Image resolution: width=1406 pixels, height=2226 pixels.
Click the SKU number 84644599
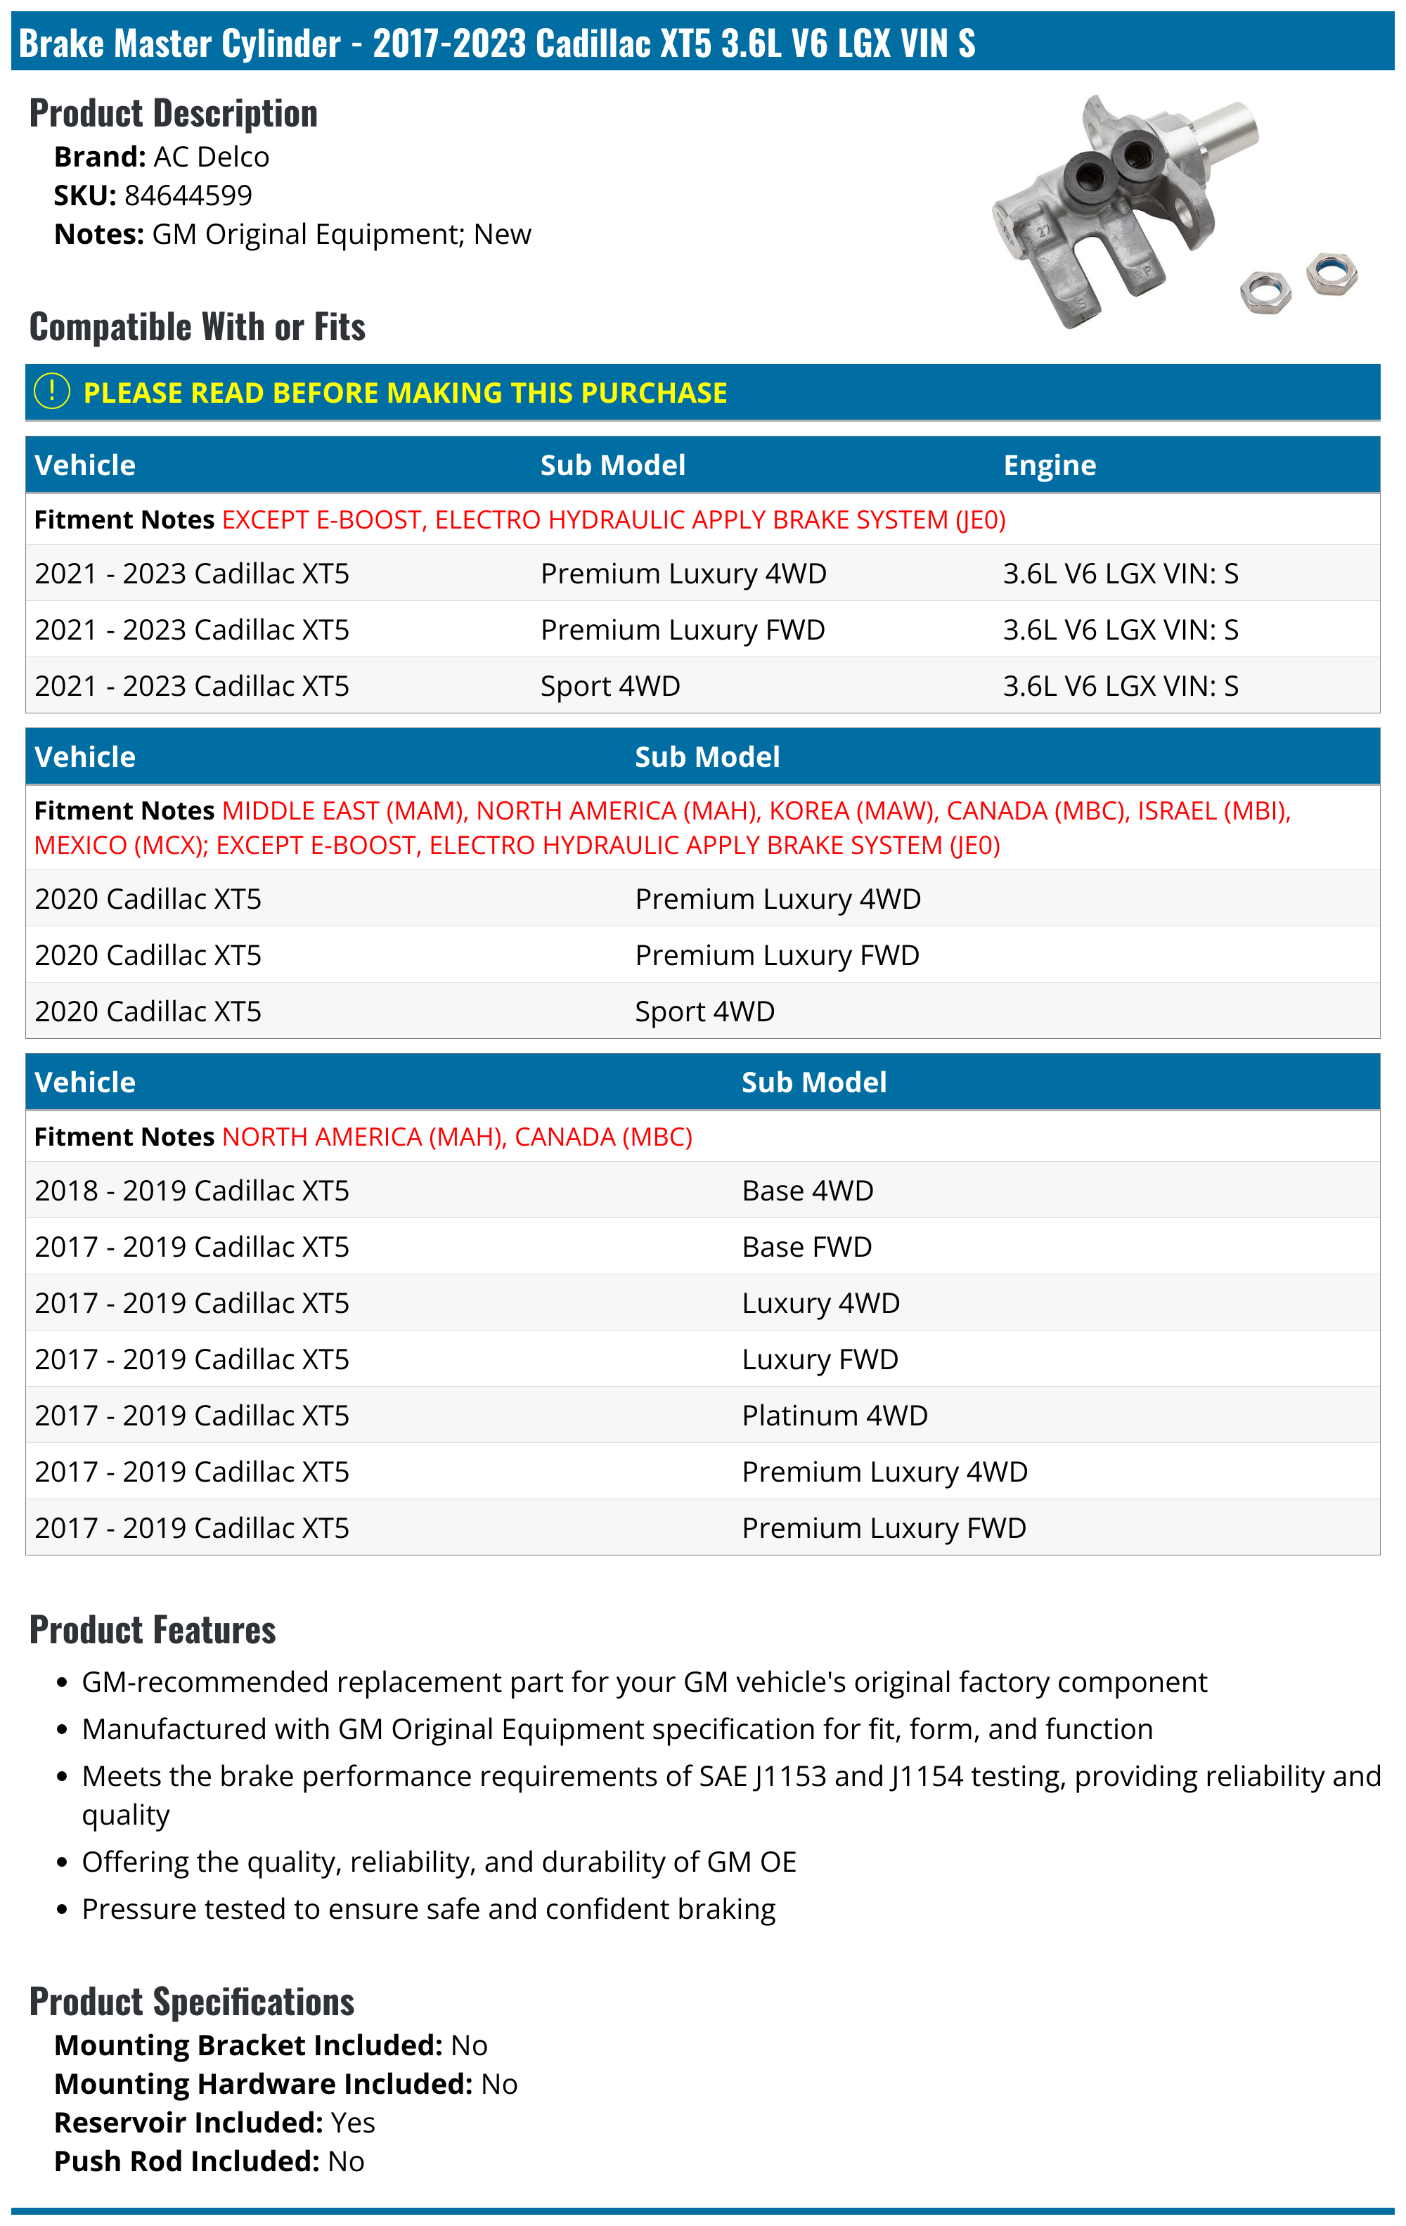pos(188,196)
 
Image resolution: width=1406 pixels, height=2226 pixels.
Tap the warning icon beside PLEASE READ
pos(52,392)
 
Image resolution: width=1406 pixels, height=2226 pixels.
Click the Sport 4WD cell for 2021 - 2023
pos(610,686)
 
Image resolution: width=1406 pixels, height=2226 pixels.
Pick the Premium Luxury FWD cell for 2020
pos(777,955)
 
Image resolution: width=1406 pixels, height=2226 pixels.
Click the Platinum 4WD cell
pos(834,1416)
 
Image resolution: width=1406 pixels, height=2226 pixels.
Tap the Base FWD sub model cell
pos(806,1247)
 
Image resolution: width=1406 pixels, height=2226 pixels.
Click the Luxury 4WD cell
pos(820,1303)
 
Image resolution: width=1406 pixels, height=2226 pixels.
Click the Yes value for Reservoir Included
pos(353,2123)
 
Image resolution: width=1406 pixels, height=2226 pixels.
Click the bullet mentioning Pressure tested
pos(428,1909)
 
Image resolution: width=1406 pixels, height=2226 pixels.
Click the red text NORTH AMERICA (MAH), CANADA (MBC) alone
pos(457,1137)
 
